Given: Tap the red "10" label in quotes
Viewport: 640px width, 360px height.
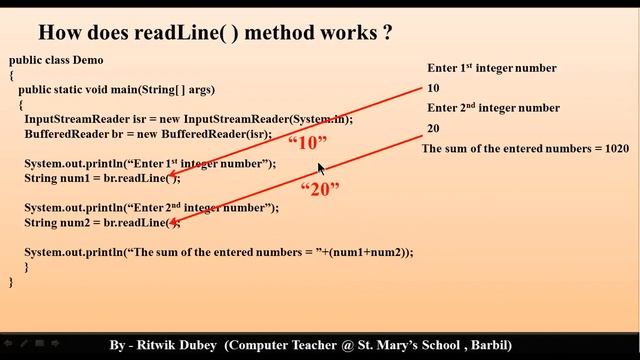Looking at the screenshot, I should [307, 143].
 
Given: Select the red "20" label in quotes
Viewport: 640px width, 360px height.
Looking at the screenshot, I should [321, 189].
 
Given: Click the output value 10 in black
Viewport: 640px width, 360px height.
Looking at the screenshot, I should [433, 88].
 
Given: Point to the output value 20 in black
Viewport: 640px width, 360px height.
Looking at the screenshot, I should [433, 128].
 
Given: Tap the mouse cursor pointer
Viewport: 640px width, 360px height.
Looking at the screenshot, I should [322, 169].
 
